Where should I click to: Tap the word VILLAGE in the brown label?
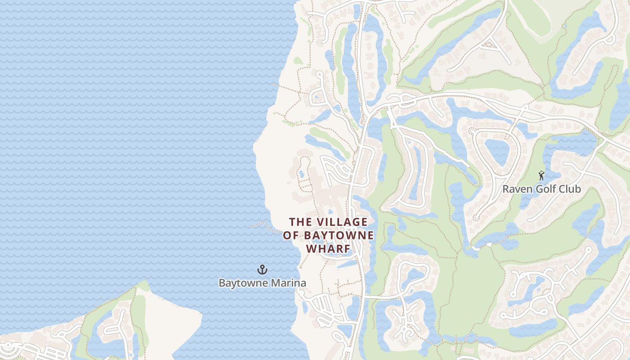click(342, 222)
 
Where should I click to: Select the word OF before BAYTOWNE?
click(291, 235)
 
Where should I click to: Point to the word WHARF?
click(328, 249)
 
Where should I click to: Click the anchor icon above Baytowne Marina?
click(262, 270)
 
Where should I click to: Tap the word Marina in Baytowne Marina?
click(288, 283)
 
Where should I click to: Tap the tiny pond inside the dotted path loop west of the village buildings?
click(301, 173)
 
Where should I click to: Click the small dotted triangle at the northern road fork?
click(494, 44)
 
